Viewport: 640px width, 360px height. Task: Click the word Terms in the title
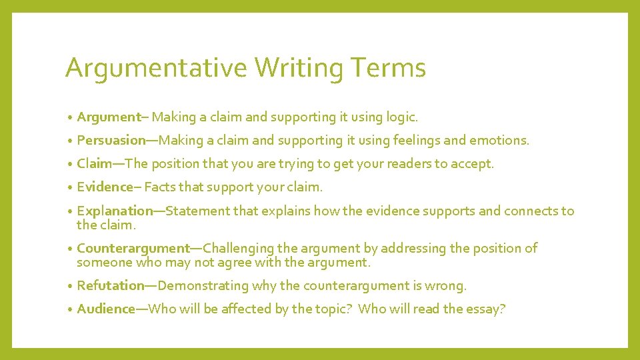(x=387, y=68)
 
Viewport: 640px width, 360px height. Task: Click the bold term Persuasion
(x=111, y=141)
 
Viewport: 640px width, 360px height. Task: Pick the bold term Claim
(x=95, y=164)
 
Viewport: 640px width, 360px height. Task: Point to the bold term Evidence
(x=105, y=187)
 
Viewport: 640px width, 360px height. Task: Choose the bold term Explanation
(x=115, y=211)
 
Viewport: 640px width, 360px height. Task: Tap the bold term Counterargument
(x=133, y=249)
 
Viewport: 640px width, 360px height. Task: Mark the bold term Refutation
(x=111, y=286)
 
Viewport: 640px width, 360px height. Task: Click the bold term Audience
(x=106, y=309)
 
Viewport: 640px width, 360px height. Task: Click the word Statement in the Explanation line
(x=197, y=211)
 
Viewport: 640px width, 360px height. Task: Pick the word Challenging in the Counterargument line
(x=245, y=249)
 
